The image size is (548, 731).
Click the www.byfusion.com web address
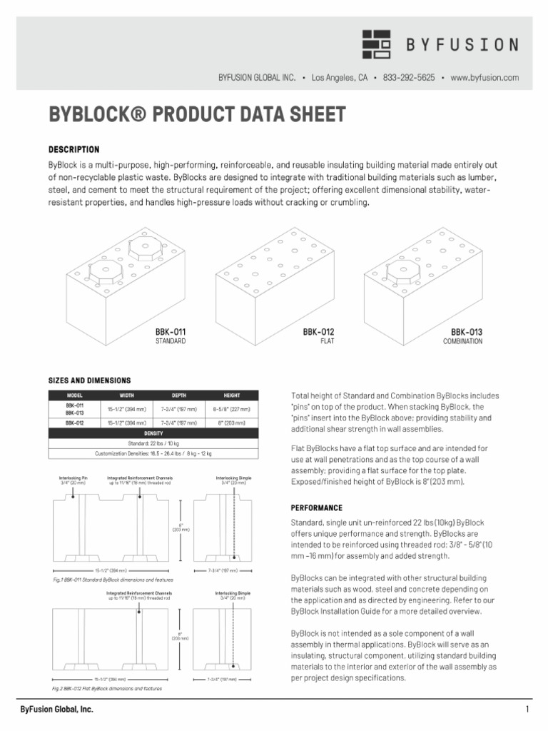[484, 77]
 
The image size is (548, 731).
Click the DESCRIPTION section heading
[73, 150]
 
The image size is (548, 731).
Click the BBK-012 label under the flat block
[319, 332]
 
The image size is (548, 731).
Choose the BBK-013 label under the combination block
[467, 332]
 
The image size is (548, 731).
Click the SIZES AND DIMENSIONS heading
[89, 380]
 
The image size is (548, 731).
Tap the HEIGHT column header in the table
[232, 395]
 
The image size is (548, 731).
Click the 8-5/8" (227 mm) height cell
[232, 409]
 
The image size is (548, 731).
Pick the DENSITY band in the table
[153, 433]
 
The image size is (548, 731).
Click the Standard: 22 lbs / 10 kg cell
[153, 443]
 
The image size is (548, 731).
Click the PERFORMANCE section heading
[317, 508]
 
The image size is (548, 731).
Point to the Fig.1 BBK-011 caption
[113, 580]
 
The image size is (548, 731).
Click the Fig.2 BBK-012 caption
[107, 689]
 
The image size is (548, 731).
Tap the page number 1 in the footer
[527, 710]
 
